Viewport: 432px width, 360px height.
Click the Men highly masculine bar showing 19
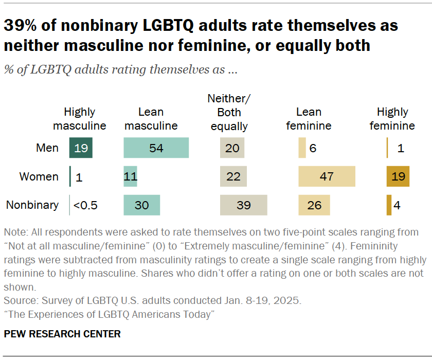point(81,148)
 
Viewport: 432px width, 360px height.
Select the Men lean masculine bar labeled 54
point(156,148)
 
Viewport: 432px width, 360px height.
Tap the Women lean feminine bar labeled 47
point(327,176)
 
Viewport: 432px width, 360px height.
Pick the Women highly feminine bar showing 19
point(398,176)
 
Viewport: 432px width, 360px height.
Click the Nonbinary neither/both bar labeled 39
point(243,205)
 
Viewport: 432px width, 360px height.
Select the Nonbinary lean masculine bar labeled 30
point(141,205)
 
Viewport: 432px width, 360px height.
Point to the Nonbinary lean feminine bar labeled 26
point(314,205)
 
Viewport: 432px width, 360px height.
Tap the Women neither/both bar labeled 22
point(233,176)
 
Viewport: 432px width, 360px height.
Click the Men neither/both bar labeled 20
point(232,148)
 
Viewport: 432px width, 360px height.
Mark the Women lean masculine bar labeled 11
point(130,176)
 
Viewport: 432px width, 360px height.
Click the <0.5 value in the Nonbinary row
point(85,205)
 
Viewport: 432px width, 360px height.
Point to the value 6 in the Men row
point(313,148)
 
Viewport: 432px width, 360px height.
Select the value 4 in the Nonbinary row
point(397,205)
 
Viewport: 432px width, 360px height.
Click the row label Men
point(47,148)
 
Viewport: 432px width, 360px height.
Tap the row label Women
point(39,176)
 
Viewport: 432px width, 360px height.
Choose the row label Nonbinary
point(32,205)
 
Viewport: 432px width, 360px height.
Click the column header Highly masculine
point(80,119)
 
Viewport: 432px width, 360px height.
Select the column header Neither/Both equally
point(229,112)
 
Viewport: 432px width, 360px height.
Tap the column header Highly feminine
point(392,119)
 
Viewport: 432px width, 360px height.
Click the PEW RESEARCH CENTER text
point(62,334)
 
